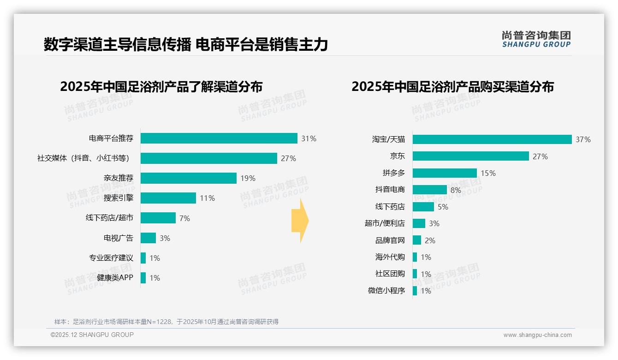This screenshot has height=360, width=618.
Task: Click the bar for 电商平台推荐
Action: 219,138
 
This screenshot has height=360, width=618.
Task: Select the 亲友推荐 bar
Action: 188,178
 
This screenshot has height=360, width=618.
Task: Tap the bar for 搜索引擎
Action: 168,198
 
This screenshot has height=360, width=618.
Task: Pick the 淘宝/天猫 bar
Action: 492,139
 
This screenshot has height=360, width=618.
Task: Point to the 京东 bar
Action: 470,156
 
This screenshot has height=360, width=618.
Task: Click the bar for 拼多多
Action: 445,173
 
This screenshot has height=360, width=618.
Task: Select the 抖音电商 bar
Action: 429,190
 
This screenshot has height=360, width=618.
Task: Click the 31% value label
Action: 309,138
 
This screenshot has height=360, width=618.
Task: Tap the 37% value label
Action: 583,139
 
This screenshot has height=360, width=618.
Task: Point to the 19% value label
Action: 248,178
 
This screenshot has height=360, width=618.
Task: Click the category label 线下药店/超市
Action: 109,218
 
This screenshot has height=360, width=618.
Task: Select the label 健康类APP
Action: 115,278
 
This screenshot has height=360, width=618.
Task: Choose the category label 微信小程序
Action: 386,291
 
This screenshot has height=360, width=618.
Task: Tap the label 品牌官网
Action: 390,240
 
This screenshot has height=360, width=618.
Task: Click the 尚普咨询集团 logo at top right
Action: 536,39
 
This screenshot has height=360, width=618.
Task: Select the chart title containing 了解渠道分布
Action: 161,87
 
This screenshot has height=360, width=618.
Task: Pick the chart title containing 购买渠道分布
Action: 452,87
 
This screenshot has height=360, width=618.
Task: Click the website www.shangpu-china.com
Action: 537,335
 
